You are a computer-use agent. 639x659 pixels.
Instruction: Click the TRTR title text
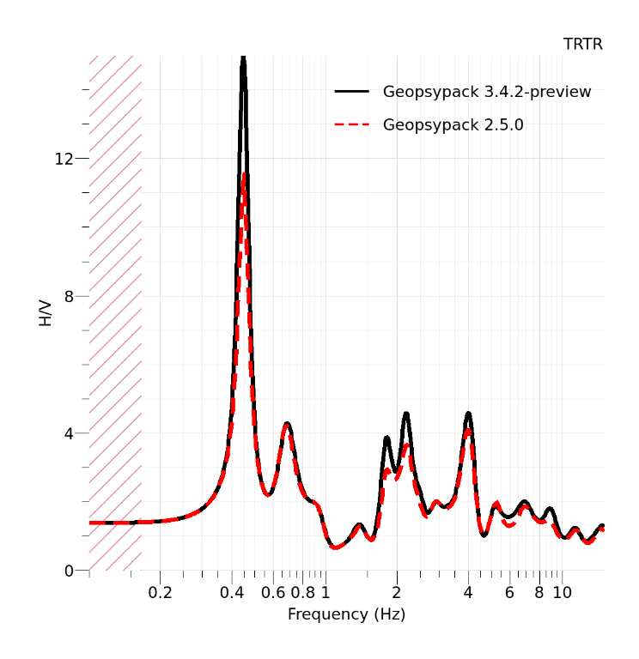[x=583, y=45]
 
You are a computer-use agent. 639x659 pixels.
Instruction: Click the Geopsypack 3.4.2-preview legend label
[x=487, y=92]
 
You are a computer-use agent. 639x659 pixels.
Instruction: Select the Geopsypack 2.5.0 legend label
[x=453, y=125]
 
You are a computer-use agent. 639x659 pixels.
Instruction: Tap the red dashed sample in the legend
[x=351, y=125]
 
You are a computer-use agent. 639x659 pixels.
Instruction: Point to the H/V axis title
[x=46, y=313]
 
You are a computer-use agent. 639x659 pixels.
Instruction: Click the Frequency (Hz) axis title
[x=346, y=614]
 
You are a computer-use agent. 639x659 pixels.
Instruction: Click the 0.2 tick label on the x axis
[x=160, y=593]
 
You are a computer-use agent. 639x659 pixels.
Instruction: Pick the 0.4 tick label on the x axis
[x=231, y=593]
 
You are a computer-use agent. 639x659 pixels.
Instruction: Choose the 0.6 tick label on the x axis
[x=273, y=593]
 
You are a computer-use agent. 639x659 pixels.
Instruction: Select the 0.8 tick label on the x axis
[x=302, y=593]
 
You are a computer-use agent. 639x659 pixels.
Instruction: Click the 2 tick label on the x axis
[x=397, y=593]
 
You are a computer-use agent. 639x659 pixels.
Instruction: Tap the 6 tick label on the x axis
[x=509, y=593]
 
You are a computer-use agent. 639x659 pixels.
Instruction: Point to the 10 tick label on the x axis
[x=562, y=593]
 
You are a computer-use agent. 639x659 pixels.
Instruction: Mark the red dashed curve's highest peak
[x=244, y=174]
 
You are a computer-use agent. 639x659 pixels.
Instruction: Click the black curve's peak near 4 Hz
[x=468, y=413]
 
